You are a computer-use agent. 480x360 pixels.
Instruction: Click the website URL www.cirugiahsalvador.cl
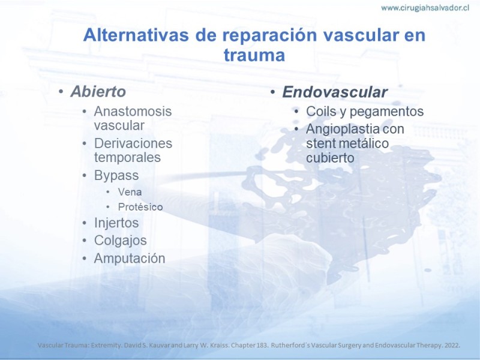[425, 8]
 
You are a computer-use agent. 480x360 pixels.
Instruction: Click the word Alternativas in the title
[136, 35]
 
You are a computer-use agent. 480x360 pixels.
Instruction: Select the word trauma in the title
[254, 55]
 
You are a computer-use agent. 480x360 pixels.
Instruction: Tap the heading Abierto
[98, 92]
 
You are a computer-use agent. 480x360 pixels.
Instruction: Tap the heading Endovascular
[335, 92]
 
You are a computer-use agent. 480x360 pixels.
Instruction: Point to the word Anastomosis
[133, 111]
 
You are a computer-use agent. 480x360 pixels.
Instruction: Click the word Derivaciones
[133, 143]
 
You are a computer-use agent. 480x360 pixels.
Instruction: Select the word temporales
[127, 157]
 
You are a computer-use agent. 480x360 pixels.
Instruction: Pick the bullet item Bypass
[116, 176]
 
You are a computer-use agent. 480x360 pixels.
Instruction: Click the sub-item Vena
[130, 192]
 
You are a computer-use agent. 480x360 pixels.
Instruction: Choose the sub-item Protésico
[140, 207]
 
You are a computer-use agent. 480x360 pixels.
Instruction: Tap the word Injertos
[116, 223]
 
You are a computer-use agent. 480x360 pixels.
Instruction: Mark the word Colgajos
[121, 241]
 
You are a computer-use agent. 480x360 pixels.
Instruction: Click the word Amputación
[130, 259]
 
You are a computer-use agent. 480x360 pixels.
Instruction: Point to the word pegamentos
[386, 112]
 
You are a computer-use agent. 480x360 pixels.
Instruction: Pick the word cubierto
[331, 158]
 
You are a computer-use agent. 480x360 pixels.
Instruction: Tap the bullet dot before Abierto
[61, 92]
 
